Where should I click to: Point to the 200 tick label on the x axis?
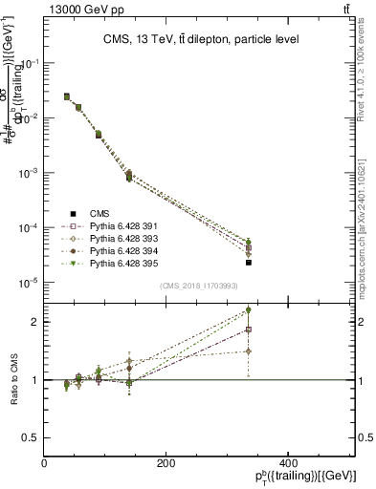click(x=166, y=463)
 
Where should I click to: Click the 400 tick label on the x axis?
click(x=287, y=463)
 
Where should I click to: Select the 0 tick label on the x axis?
click(x=45, y=463)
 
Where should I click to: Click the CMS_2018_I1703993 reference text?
click(x=199, y=286)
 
